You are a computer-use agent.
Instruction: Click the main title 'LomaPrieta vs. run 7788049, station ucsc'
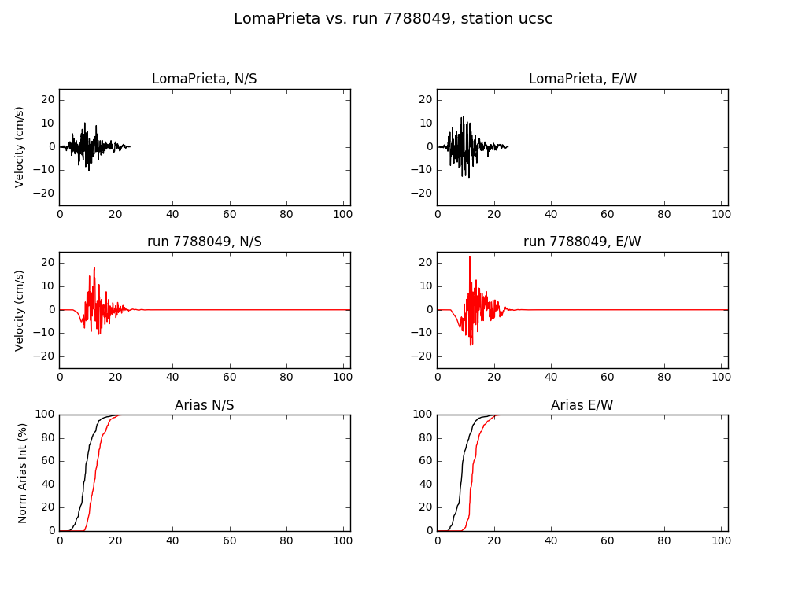(x=393, y=19)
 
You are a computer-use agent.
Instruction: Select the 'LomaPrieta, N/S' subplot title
(x=205, y=79)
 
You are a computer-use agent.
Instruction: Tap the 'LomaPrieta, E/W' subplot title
(x=582, y=79)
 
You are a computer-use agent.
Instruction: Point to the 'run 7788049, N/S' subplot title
(x=205, y=242)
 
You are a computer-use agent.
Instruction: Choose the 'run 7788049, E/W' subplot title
(x=582, y=242)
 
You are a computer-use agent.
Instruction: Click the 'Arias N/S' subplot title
(x=205, y=405)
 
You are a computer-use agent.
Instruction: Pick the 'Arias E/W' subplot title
(x=582, y=405)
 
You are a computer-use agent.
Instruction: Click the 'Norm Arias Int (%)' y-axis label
(x=22, y=473)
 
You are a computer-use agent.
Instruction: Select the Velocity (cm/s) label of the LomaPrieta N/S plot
(x=20, y=147)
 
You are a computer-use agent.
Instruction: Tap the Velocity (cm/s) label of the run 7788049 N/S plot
(x=20, y=311)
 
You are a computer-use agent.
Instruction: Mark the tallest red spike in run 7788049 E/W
(x=470, y=258)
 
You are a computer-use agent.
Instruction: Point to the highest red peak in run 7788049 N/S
(x=94, y=269)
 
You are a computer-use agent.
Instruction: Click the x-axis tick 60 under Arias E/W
(x=608, y=540)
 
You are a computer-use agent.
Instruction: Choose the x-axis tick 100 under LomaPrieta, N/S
(x=343, y=214)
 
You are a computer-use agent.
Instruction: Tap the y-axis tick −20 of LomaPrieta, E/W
(x=422, y=194)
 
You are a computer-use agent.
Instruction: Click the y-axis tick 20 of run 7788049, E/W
(x=426, y=263)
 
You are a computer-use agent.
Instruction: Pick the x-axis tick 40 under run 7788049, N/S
(x=172, y=378)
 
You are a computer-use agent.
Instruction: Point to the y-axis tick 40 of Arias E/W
(x=426, y=484)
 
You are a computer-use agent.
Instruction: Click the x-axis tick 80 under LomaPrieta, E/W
(x=664, y=214)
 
